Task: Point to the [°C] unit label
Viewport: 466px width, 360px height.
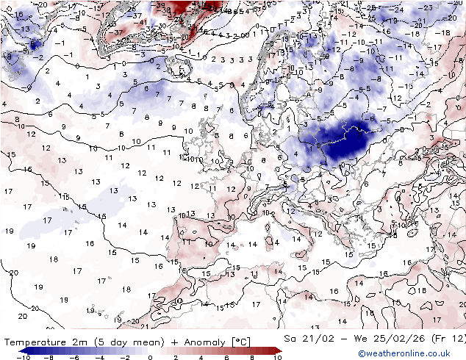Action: tap(240, 341)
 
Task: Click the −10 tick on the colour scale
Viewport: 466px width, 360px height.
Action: tap(24, 357)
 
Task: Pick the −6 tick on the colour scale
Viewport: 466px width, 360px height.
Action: tap(74, 357)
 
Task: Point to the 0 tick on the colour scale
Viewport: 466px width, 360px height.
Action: tap(150, 357)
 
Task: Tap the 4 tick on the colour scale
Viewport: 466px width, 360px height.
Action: tap(201, 357)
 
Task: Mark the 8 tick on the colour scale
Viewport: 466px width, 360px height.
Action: tap(251, 357)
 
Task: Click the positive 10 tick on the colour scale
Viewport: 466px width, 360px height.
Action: tap(276, 357)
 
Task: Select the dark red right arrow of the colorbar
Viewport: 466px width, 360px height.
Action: tap(277, 350)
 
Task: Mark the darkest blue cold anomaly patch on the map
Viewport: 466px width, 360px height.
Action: tap(349, 143)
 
